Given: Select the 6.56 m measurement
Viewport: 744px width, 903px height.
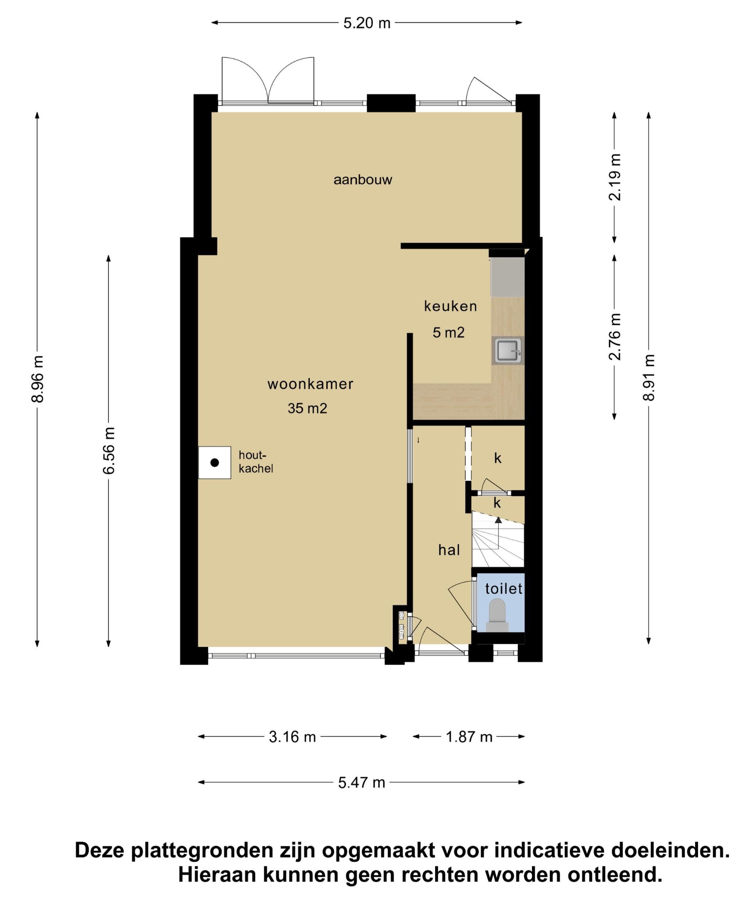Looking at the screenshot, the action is [x=109, y=450].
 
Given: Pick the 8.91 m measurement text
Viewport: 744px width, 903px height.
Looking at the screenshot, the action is [x=649, y=378].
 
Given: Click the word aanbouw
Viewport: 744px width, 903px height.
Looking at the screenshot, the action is [x=363, y=180].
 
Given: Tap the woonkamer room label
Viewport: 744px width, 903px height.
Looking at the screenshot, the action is [x=310, y=384].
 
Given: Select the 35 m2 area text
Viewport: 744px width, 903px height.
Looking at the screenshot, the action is [x=307, y=409].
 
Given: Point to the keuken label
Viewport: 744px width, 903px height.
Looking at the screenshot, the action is [x=450, y=306].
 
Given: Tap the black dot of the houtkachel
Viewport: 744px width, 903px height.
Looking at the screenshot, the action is [x=215, y=462].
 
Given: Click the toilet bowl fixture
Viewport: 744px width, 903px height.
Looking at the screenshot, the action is [x=497, y=615].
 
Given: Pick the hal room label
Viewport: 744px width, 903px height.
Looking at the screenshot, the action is [x=449, y=550].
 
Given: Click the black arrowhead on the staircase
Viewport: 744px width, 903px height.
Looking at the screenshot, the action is [x=498, y=520].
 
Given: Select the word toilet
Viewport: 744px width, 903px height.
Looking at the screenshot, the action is [x=504, y=589].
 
